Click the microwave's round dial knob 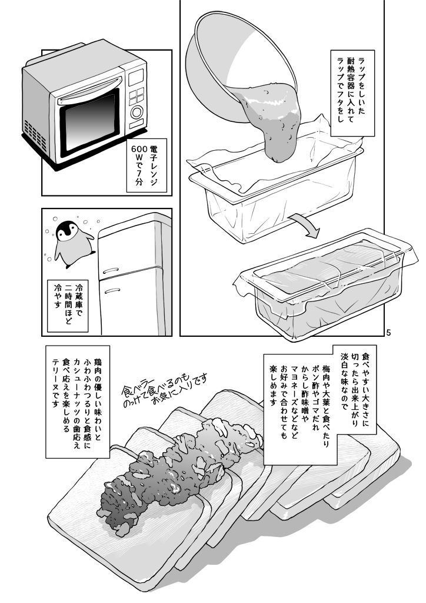point(137,111)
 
